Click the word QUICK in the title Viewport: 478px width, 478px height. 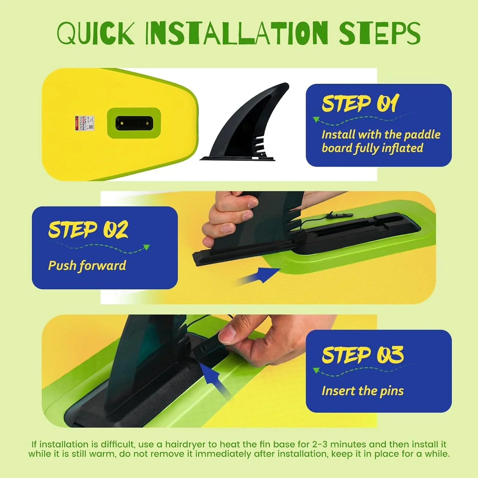[x=96, y=33]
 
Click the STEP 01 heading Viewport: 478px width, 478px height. [x=360, y=104]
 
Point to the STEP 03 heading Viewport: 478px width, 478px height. [x=362, y=355]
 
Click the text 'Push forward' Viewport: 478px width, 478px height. [x=87, y=265]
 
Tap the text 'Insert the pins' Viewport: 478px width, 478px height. [x=362, y=391]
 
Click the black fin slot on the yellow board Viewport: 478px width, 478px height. [x=134, y=123]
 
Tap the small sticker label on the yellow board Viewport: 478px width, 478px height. [x=84, y=123]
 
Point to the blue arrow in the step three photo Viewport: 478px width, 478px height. [x=214, y=379]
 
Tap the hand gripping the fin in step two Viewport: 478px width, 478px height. [x=228, y=217]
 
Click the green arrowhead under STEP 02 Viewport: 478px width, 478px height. [x=147, y=247]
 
